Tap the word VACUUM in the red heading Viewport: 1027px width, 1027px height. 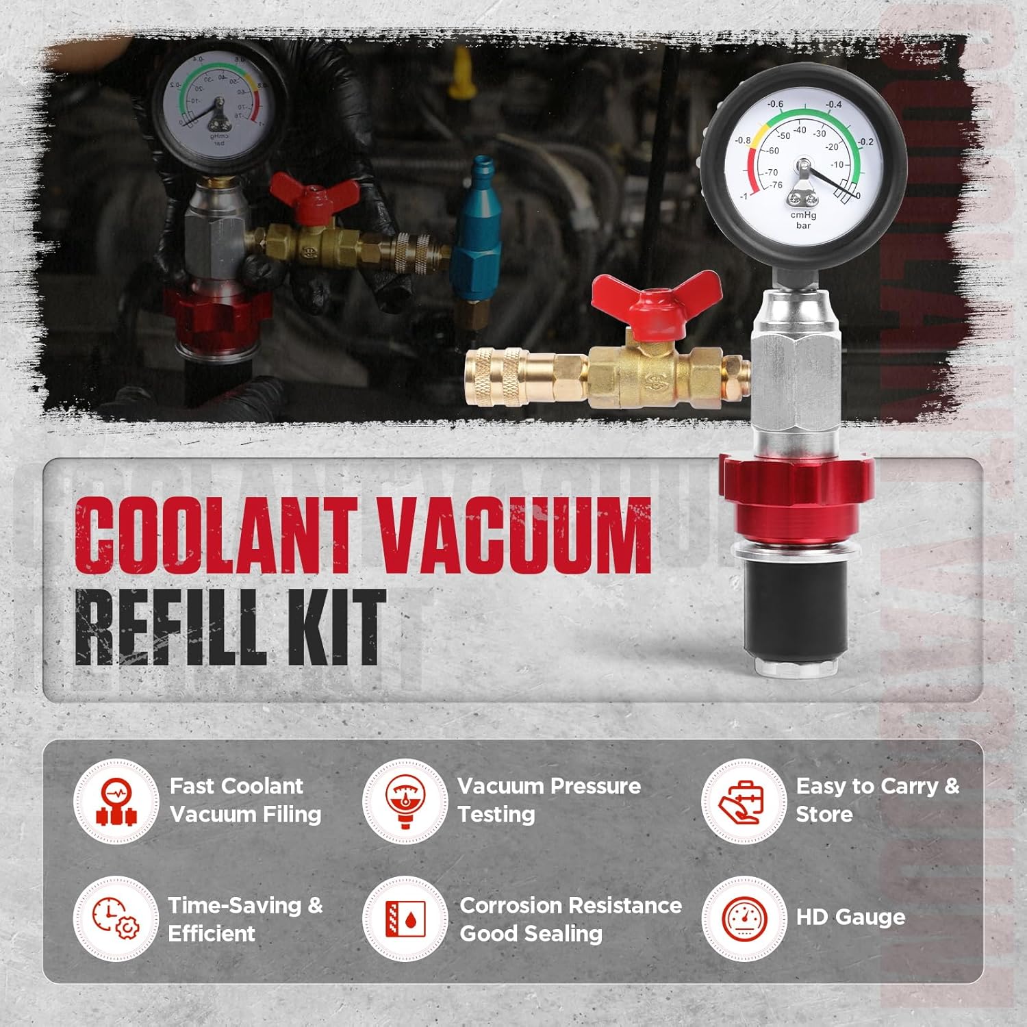514,535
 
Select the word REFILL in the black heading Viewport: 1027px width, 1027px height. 168,629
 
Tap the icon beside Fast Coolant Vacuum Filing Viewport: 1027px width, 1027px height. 116,801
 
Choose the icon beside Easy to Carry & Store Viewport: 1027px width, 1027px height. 744,801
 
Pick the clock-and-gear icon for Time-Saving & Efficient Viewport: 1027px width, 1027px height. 116,919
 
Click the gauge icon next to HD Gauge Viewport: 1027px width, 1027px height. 744,919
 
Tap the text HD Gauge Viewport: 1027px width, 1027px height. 850,917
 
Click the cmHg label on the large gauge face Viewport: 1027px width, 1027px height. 803,215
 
